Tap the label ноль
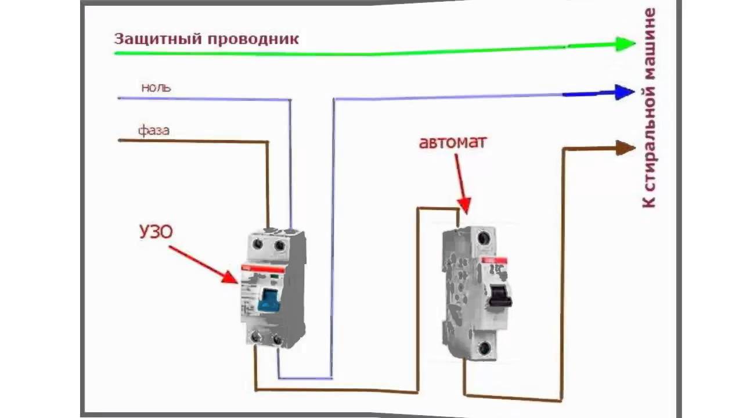coord(156,88)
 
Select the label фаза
coord(154,130)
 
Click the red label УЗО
coord(156,232)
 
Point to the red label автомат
coord(453,142)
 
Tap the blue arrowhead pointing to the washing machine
coord(625,92)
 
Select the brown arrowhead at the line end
coord(625,148)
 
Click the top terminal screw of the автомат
coord(483,239)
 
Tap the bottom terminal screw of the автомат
coord(483,348)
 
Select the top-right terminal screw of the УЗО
coord(279,246)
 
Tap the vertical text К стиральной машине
coord(650,107)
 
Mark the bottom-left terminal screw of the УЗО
coord(255,337)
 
